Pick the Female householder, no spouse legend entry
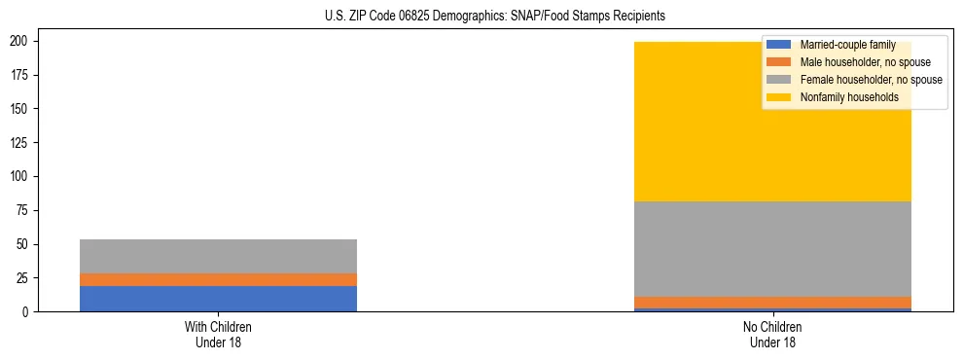871,80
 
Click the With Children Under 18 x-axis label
218,335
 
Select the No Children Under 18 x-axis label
772,335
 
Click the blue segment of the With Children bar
218,299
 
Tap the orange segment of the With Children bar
218,279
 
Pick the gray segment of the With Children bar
218,256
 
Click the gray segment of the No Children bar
772,249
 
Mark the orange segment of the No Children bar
772,303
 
